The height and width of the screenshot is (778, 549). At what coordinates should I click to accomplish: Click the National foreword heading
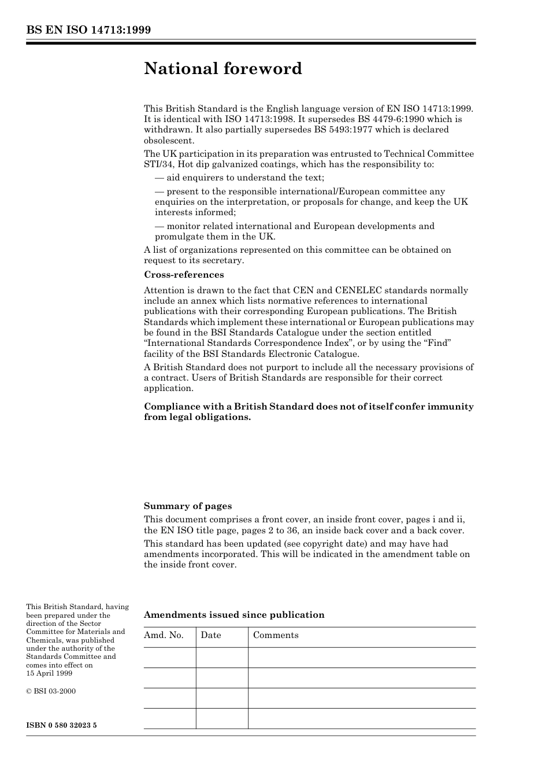point(223,69)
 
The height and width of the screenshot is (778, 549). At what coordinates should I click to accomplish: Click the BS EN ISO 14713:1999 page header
point(88,30)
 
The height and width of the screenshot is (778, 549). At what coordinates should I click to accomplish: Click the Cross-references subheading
point(184,275)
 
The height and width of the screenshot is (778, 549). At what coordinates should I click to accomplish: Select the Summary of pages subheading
point(188,506)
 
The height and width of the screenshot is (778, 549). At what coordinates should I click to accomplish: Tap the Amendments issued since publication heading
point(234,615)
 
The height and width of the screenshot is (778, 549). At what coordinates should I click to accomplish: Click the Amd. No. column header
point(164,635)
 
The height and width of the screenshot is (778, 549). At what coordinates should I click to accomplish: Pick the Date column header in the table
point(211,635)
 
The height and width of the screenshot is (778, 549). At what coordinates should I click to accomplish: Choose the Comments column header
point(276,635)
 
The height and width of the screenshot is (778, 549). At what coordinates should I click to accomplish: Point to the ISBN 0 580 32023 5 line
point(61,725)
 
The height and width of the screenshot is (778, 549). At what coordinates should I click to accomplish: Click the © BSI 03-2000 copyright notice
point(51,691)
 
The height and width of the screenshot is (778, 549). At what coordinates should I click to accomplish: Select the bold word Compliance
point(170,407)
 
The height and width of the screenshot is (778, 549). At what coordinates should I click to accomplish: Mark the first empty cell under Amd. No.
point(169,658)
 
